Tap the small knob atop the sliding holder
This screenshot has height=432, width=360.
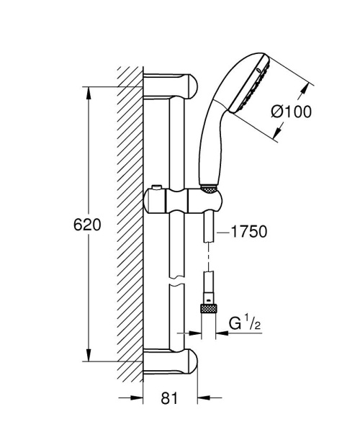click(x=153, y=192)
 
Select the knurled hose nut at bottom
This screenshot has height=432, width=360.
click(x=208, y=308)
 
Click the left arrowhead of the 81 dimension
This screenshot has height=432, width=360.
click(x=136, y=397)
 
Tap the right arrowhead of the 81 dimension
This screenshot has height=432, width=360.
click(x=204, y=397)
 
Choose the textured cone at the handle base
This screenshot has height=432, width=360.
click(x=207, y=189)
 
